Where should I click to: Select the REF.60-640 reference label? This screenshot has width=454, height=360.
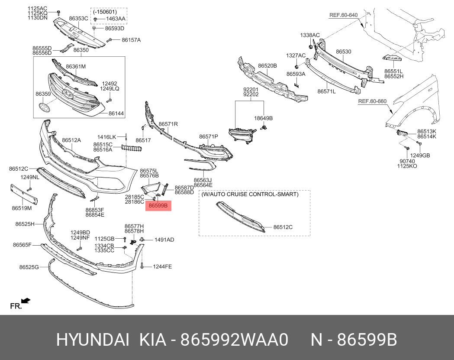point(343,15)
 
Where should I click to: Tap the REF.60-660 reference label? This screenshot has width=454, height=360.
point(372,102)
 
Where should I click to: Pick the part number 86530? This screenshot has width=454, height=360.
point(344,52)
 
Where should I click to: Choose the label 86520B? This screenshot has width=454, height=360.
point(267,66)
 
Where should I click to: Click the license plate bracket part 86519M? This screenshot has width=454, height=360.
point(24,195)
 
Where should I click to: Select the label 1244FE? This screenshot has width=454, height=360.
point(162,266)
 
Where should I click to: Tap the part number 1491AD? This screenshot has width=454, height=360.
point(164,240)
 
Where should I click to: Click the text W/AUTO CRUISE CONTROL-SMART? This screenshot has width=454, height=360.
point(250,195)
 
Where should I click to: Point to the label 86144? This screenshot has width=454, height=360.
point(116,114)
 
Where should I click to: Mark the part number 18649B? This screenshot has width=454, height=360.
point(264,118)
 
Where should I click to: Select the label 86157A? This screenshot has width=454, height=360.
point(131,40)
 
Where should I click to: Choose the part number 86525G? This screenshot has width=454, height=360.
point(29,267)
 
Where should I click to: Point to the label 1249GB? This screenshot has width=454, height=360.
point(420,156)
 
